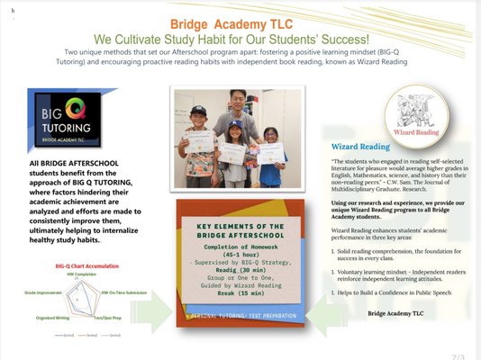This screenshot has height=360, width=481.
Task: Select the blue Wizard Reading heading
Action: tap(360, 146)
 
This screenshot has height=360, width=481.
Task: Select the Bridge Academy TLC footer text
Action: tap(395, 314)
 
